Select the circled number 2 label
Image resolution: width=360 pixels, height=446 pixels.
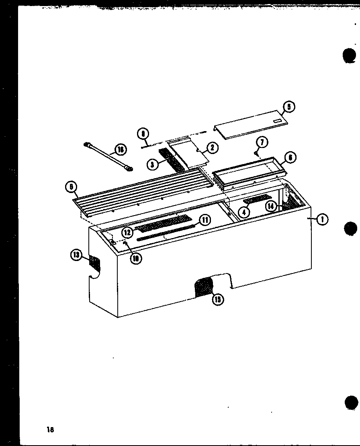click(212, 148)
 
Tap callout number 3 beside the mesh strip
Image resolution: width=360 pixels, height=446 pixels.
click(152, 164)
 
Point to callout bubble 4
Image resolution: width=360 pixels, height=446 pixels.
click(244, 212)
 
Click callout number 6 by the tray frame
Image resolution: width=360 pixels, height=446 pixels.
click(290, 158)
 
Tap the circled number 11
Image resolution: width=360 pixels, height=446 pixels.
click(205, 220)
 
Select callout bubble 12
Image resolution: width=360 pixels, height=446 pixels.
click(128, 232)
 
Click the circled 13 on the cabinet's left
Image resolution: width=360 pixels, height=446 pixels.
click(77, 255)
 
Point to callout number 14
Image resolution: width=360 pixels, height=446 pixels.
click(272, 206)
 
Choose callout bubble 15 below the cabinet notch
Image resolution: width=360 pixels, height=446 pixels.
click(218, 299)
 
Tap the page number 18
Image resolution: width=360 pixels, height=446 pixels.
click(50, 429)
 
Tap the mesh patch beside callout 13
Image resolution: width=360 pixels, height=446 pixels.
click(95, 263)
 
